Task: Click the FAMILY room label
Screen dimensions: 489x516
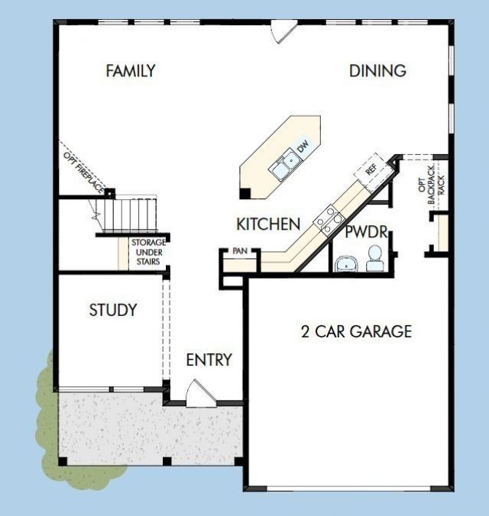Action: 131,71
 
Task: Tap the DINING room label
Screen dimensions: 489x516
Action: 377,71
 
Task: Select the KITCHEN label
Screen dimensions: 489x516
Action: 268,224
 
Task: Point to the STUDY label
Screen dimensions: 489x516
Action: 113,310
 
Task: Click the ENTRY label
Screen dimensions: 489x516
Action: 209,360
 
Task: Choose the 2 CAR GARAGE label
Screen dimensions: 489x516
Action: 356,331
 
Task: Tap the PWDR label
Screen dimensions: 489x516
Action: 366,232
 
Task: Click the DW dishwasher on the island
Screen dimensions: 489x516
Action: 303,146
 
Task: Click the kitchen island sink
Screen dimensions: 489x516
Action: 285,165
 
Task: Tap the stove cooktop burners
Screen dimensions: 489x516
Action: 329,220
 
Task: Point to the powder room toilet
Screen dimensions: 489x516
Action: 374,259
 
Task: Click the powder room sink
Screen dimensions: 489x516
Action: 346,264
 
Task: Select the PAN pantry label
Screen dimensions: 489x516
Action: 240,251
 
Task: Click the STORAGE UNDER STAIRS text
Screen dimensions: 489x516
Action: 148,252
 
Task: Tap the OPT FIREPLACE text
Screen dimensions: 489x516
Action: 84,173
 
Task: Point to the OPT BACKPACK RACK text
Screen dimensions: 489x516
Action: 432,185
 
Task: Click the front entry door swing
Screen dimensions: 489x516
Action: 201,394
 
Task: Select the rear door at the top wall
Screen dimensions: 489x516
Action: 283,31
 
